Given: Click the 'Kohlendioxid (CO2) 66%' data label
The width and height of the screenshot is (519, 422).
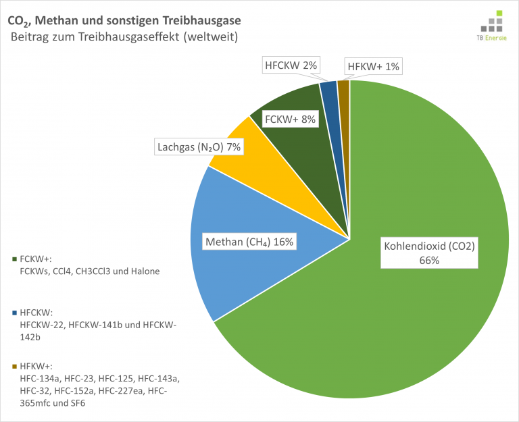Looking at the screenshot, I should point(430,253).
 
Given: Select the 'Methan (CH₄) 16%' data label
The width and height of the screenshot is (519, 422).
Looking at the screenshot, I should point(249,242).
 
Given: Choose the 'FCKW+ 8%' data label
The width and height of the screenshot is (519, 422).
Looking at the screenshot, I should point(290,120).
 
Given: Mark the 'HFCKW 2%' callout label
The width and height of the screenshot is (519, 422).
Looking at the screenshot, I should point(291,65).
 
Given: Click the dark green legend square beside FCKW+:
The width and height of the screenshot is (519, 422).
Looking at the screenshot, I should point(15,259).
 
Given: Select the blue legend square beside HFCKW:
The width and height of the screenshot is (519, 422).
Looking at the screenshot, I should point(15,312).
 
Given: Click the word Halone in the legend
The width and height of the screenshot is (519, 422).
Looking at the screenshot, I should point(148,271).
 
